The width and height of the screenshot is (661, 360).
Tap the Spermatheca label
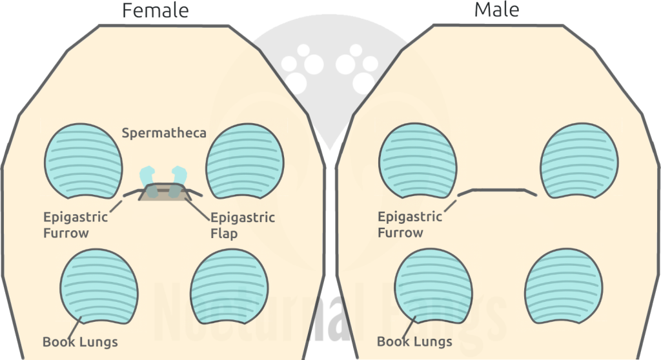click(x=164, y=134)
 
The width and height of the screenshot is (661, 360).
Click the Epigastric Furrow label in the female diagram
click(x=75, y=225)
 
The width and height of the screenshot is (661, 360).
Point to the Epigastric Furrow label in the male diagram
click(x=410, y=224)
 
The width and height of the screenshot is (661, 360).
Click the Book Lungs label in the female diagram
click(x=79, y=341)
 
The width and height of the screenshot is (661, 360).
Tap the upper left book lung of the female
click(x=83, y=162)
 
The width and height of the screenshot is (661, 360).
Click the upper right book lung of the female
click(x=245, y=162)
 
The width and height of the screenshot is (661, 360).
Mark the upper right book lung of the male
click(x=579, y=162)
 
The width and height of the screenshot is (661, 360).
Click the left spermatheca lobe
click(x=148, y=175)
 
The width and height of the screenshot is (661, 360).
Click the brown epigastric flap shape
click(x=164, y=193)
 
